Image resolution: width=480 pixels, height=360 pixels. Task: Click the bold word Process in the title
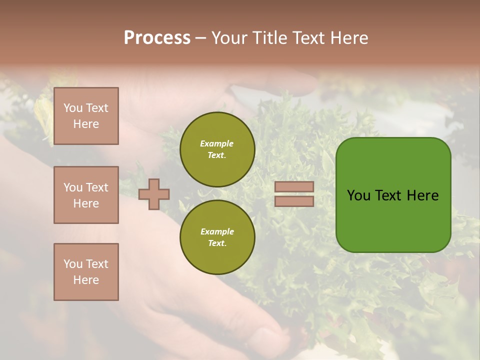click(157, 38)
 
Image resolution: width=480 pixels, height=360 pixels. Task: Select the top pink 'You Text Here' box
click(86, 116)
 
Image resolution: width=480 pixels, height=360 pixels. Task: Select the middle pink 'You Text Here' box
click(86, 195)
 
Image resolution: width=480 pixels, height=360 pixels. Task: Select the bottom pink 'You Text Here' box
click(86, 272)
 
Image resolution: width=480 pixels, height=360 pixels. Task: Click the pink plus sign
click(154, 194)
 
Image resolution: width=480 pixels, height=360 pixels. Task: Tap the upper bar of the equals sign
click(294, 186)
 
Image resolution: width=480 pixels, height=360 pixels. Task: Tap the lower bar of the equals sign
click(294, 201)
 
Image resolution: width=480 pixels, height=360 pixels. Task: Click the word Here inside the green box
click(422, 195)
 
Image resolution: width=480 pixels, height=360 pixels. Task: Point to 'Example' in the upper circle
click(217, 143)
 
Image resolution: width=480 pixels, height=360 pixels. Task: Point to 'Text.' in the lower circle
click(217, 243)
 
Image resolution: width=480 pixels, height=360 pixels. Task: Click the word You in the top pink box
click(72, 108)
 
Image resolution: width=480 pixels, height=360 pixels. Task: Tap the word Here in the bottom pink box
click(86, 280)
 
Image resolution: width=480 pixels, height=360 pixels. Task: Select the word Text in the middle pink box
click(97, 187)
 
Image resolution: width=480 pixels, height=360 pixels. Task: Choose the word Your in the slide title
click(231, 38)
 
